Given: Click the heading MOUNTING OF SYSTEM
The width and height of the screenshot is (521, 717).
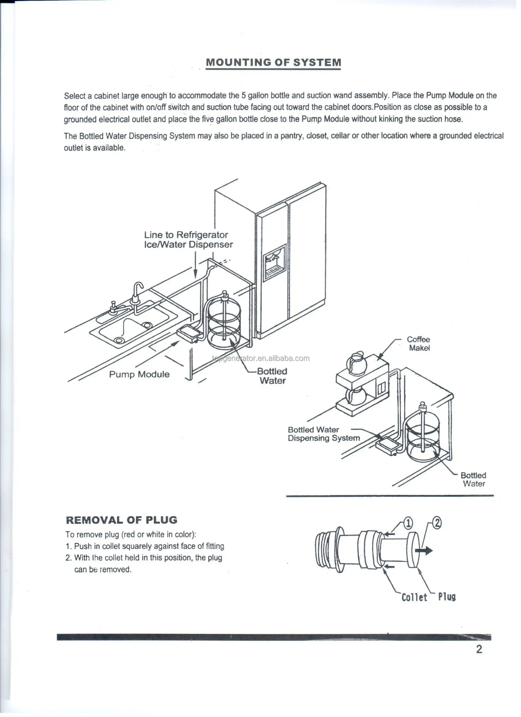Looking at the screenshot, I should tap(273, 62).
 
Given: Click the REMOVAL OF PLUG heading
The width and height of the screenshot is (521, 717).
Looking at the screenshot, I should tap(122, 520).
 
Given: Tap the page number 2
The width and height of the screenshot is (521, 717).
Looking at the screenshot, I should tap(479, 649).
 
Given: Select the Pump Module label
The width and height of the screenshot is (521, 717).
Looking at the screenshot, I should tap(139, 374).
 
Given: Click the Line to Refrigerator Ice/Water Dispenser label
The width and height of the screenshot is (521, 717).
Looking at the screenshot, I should tap(188, 240).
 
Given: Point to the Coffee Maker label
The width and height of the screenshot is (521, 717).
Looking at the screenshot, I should tap(419, 344).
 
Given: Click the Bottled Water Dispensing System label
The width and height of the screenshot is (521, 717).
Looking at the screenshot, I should tap(324, 434).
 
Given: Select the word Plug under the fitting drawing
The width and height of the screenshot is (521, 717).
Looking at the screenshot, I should tap(447, 596).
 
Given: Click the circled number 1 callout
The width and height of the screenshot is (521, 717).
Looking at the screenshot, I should tap(408, 523).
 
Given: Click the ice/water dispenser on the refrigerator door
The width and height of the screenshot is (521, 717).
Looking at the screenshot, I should tap(275, 262).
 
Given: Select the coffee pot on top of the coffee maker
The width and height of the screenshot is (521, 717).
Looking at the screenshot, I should tap(356, 363).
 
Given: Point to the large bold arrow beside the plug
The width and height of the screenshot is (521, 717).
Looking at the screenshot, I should tap(424, 550).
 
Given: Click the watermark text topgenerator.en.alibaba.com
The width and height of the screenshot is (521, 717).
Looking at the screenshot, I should tap(261, 358).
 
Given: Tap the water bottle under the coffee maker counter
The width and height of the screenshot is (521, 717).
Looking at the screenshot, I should tap(423, 437).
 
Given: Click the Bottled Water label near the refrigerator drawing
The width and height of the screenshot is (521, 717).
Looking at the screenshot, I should tap(272, 376).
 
